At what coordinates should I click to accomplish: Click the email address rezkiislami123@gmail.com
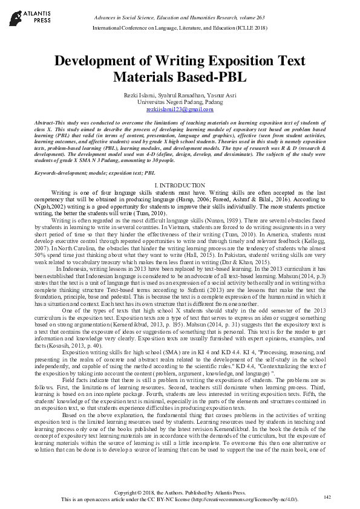point(180,110)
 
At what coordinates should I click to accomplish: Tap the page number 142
point(327,497)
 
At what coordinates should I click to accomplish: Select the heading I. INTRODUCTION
point(180,184)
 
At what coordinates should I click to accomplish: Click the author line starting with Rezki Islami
point(180,96)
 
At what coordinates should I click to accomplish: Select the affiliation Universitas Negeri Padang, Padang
point(180,103)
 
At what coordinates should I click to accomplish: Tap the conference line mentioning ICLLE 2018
point(180,28)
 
